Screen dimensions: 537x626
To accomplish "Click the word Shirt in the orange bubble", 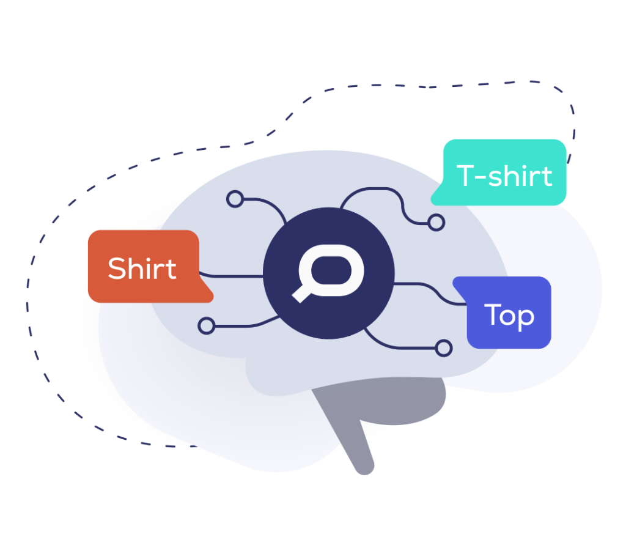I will tap(142, 268).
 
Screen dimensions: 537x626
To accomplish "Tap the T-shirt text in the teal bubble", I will tap(504, 176).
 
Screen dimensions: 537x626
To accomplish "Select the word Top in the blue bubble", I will tap(509, 316).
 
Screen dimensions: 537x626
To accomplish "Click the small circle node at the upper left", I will tap(235, 199).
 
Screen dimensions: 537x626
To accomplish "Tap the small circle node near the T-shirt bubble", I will tap(436, 223).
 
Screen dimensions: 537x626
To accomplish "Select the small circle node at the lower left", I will tap(207, 325).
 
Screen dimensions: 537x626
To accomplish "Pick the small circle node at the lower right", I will tap(444, 349).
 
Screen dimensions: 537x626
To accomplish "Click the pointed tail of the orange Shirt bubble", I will tap(208, 297).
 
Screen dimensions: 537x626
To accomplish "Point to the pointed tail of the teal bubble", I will tap(435, 199).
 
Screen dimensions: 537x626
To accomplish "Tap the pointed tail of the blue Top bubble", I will tap(458, 283).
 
